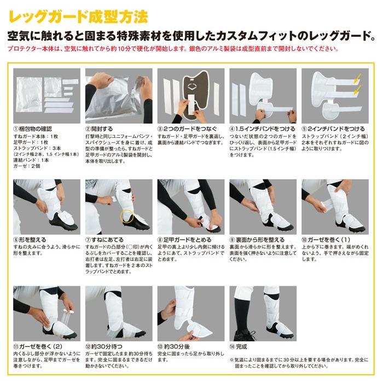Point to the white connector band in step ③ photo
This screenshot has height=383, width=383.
(191, 105)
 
